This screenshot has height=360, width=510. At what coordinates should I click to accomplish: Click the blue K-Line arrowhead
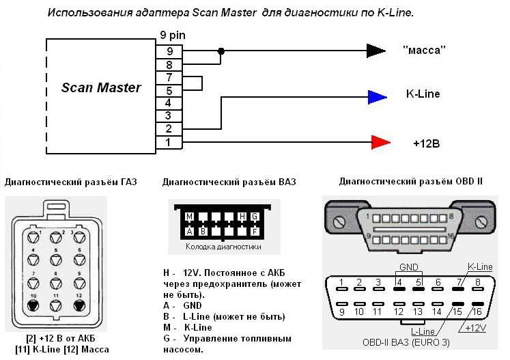click(x=378, y=97)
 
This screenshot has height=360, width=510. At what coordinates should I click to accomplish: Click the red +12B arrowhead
click(x=381, y=142)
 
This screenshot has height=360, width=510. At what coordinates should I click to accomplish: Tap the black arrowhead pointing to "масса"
click(x=376, y=51)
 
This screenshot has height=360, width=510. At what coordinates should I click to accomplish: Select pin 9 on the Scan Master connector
click(x=169, y=52)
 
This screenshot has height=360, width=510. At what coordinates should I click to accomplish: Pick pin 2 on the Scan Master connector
click(x=169, y=129)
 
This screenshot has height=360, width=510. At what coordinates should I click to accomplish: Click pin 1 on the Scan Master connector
click(x=169, y=143)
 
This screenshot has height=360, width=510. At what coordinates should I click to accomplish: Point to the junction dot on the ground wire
click(x=221, y=51)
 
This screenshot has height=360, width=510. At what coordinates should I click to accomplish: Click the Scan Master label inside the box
click(x=101, y=87)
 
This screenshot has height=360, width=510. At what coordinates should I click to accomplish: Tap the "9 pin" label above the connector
click(x=172, y=35)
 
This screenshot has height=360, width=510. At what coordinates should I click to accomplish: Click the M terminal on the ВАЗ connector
click(x=189, y=217)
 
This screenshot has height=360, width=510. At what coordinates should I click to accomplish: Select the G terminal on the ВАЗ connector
click(x=255, y=217)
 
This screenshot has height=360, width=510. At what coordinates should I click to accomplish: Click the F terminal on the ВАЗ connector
click(x=255, y=232)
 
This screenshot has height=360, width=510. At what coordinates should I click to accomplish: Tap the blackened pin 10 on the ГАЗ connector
click(x=33, y=305)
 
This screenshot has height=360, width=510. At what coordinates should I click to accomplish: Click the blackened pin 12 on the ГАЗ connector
click(x=79, y=305)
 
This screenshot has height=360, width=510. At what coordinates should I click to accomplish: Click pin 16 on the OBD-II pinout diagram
click(x=478, y=304)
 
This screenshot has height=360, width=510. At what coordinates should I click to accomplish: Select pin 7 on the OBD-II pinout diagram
click(x=458, y=289)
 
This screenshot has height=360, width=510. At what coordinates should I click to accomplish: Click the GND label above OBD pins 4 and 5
click(x=409, y=267)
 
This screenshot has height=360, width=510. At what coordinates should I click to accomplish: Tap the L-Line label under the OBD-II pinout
click(x=423, y=331)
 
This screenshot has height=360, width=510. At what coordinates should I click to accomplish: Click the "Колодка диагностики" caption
click(x=223, y=247)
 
